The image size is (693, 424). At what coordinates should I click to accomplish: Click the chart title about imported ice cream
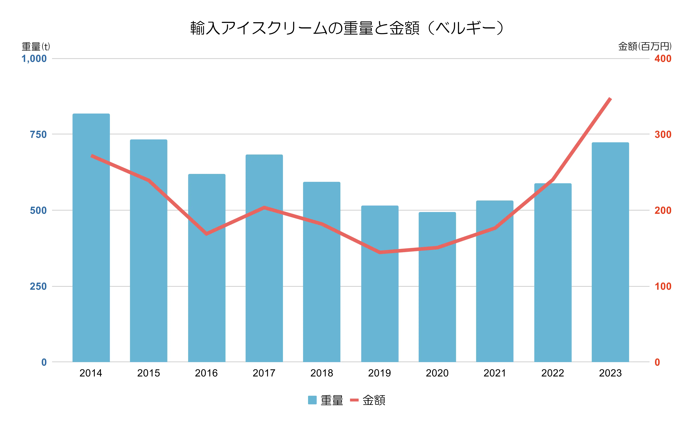tap(347, 28)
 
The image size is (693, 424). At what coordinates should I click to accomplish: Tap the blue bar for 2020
tap(437, 287)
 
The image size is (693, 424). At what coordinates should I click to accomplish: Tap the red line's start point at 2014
tap(92, 156)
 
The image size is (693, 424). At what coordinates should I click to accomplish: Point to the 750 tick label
tap(38, 135)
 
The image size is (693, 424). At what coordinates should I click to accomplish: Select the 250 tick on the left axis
tap(38, 286)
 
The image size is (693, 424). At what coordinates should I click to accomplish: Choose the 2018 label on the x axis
tap(322, 373)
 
